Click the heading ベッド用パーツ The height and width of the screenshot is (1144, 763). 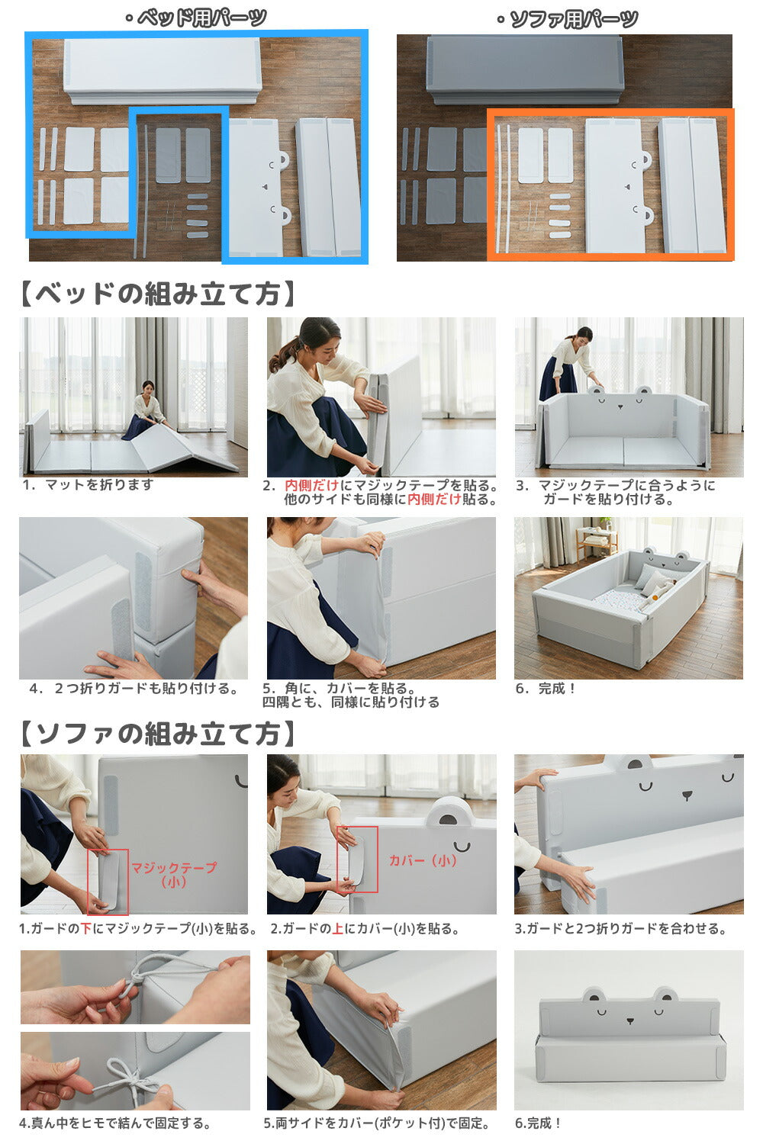click(x=196, y=18)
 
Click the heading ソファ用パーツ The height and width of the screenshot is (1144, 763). click(x=568, y=19)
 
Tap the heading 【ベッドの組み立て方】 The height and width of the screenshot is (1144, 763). click(x=158, y=294)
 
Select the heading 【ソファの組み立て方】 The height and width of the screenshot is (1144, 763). click(x=158, y=734)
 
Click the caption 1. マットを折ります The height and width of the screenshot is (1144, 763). click(x=88, y=484)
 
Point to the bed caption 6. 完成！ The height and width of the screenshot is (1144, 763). click(x=546, y=689)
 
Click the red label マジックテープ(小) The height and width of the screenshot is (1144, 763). click(x=174, y=874)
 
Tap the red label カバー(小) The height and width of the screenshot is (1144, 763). click(x=423, y=860)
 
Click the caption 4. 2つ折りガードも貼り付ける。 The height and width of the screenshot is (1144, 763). click(x=134, y=689)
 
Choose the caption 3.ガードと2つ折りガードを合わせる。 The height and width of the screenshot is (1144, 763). click(x=620, y=928)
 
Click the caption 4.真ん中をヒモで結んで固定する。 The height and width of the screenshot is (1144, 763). click(x=115, y=1123)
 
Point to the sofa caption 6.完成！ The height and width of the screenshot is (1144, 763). click(x=538, y=1123)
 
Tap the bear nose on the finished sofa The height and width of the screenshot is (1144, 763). click(x=630, y=1021)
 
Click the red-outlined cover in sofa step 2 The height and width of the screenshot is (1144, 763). click(x=356, y=860)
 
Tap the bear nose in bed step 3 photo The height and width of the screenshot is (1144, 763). click(x=621, y=407)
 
